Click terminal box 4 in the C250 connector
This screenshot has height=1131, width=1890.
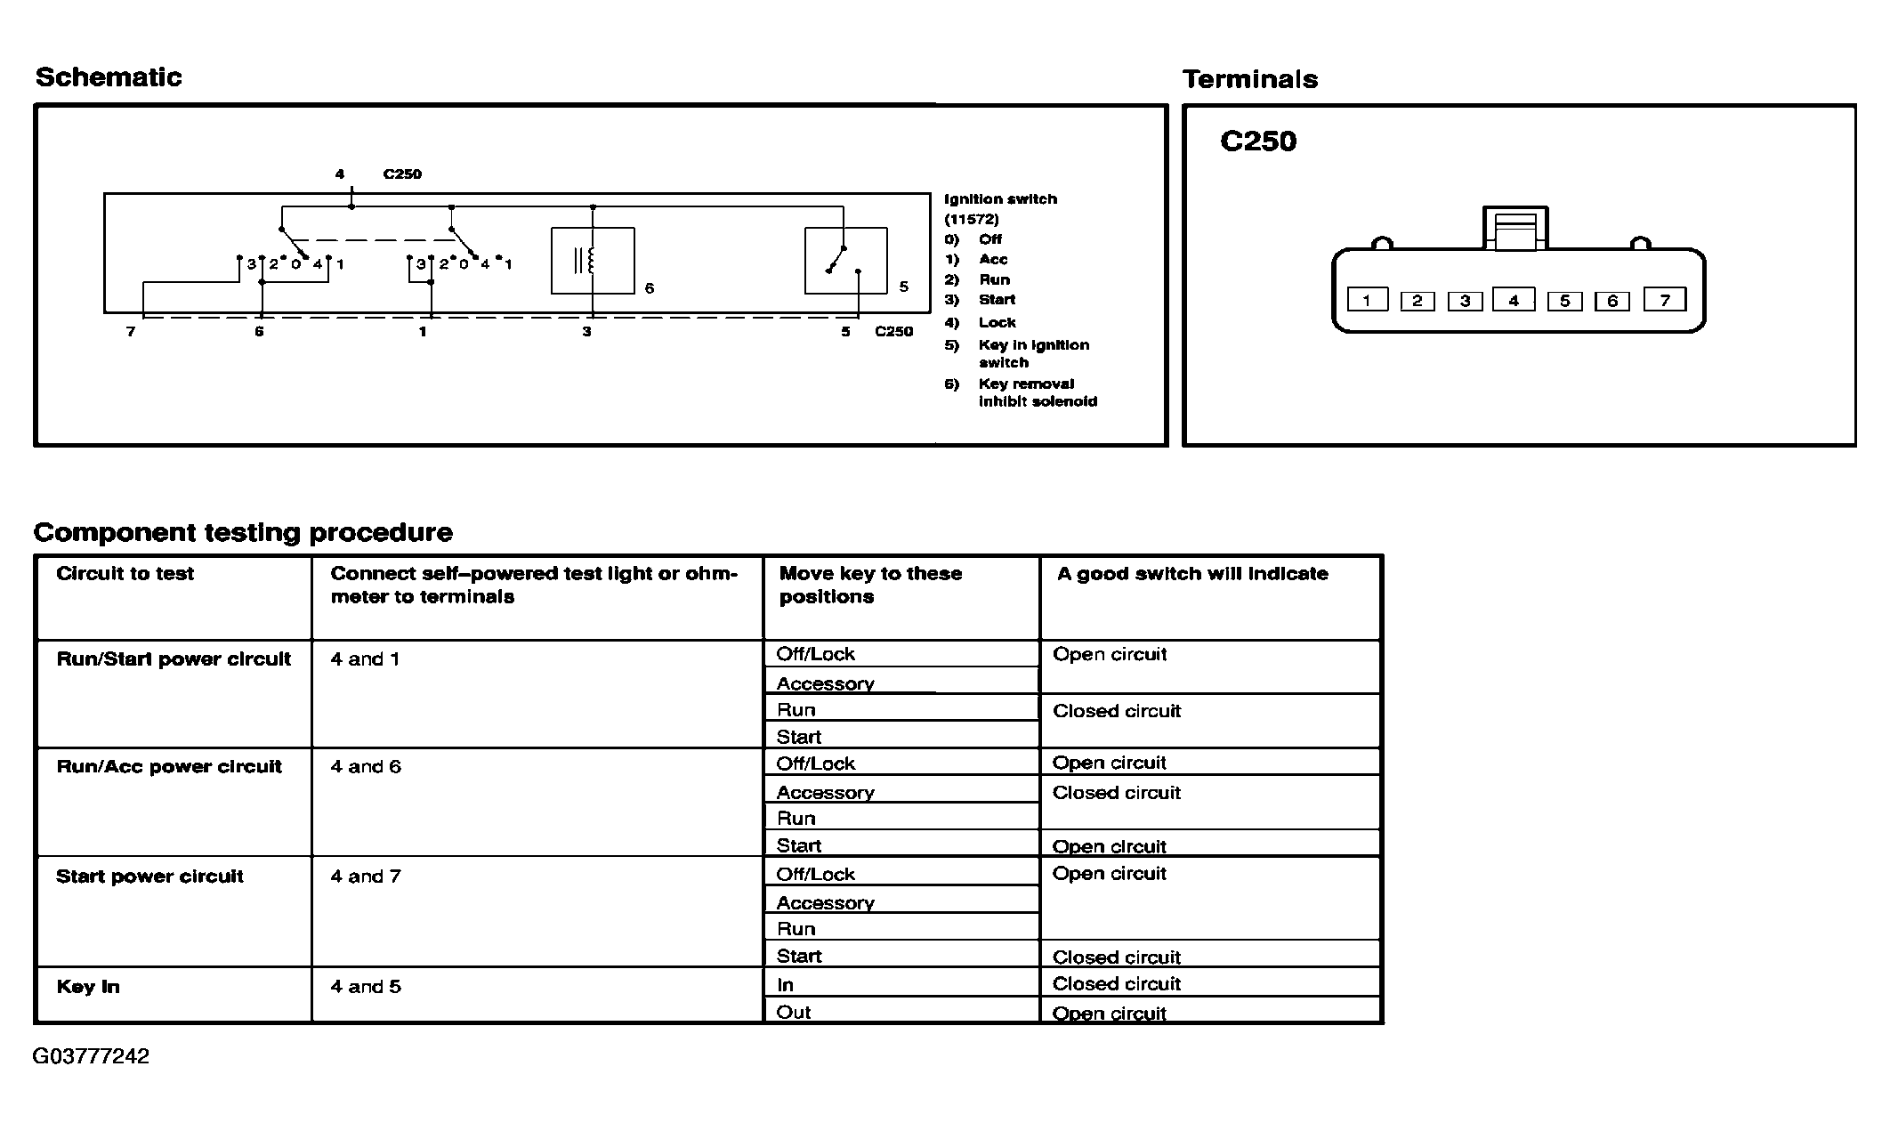click(x=1514, y=300)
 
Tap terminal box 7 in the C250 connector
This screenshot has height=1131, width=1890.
click(x=1665, y=300)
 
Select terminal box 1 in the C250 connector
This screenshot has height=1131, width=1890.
click(x=1367, y=300)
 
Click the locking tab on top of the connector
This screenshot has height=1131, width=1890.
click(x=1515, y=230)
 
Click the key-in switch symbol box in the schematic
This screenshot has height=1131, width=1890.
click(x=845, y=261)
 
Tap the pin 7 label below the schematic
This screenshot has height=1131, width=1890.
click(x=131, y=332)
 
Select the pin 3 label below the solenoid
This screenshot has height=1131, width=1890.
click(x=586, y=332)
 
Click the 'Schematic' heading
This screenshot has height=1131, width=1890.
click(x=109, y=77)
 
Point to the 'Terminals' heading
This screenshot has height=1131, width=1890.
click(x=1250, y=80)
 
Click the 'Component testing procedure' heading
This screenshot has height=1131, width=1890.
click(x=243, y=532)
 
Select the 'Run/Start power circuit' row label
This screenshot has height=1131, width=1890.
click(x=174, y=659)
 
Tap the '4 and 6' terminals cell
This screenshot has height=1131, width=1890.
click(x=366, y=767)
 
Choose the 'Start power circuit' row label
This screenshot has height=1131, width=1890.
click(x=149, y=877)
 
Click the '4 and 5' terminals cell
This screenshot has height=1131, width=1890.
click(x=366, y=987)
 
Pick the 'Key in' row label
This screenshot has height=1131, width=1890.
click(x=87, y=987)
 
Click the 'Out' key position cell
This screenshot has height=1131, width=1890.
click(x=794, y=1012)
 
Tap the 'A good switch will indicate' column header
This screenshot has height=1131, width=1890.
click(x=1192, y=574)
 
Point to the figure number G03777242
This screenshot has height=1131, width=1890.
click(x=91, y=1056)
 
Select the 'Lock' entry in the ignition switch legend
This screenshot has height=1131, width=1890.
click(x=997, y=322)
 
